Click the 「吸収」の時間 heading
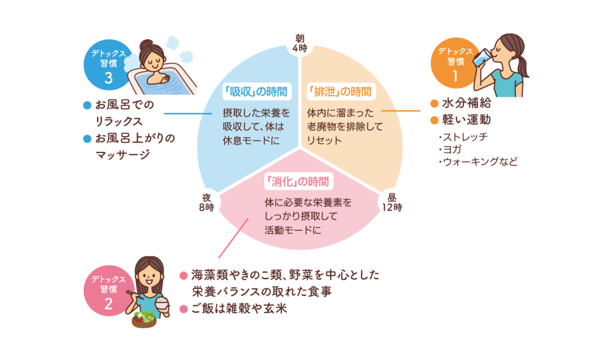(x=257, y=92)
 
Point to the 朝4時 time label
(x=299, y=43)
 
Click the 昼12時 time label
(x=392, y=203)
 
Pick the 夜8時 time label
(x=207, y=203)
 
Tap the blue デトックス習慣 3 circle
(x=108, y=64)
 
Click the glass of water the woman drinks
(x=481, y=57)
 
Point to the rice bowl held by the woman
(x=162, y=304)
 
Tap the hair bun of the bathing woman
(x=146, y=45)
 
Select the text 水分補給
(x=466, y=103)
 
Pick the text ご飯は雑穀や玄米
(x=239, y=308)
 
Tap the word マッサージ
(x=123, y=155)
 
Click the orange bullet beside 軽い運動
(x=434, y=120)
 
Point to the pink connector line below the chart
(x=233, y=238)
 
